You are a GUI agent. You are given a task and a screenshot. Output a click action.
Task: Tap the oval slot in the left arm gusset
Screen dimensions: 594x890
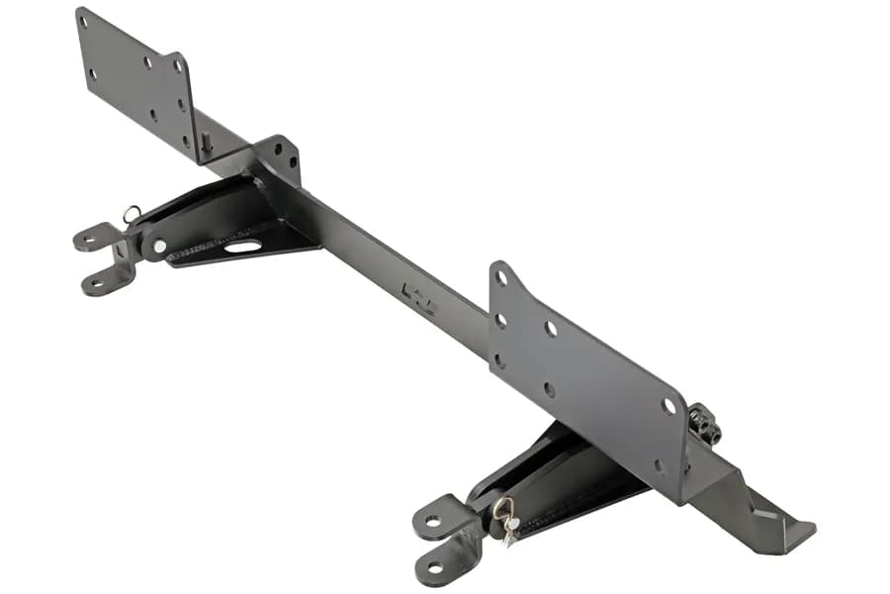point(242,246)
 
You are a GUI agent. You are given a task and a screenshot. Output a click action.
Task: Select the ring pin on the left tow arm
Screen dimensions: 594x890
point(132,213)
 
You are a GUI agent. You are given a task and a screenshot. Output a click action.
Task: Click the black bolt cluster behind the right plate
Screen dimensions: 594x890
point(704,425)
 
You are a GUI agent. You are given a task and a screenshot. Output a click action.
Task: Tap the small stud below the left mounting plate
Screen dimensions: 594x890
point(206,143)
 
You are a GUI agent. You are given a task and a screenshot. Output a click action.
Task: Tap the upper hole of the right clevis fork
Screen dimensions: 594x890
point(433,522)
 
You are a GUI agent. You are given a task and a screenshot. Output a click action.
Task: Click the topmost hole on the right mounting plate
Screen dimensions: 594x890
point(501,278)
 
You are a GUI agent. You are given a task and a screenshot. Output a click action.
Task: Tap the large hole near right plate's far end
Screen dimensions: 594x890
point(669,406)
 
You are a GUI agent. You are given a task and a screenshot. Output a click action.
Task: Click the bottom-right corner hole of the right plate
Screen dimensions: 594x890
point(660,465)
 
